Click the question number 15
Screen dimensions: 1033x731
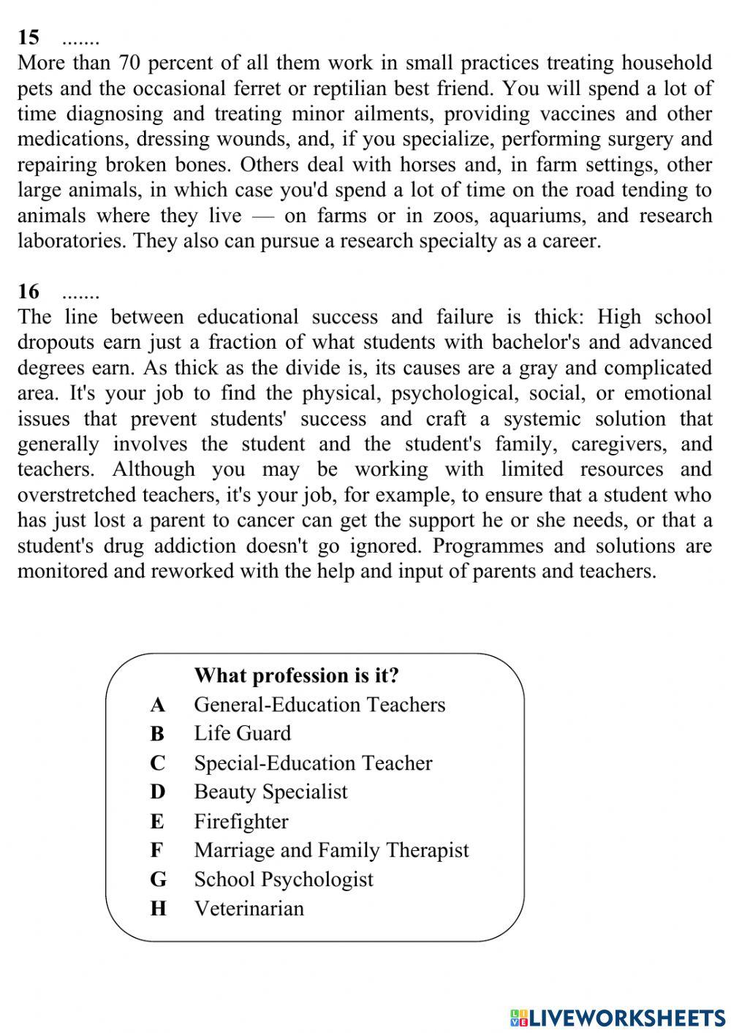29,37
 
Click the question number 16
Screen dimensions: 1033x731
29,292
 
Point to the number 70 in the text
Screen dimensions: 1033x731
129,63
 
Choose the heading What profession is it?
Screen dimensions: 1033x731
297,675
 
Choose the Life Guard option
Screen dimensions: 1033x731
242,733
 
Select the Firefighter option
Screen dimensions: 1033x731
240,821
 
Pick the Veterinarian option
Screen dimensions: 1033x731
249,909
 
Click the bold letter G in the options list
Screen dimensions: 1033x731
159,879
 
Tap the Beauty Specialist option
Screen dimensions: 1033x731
270,792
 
